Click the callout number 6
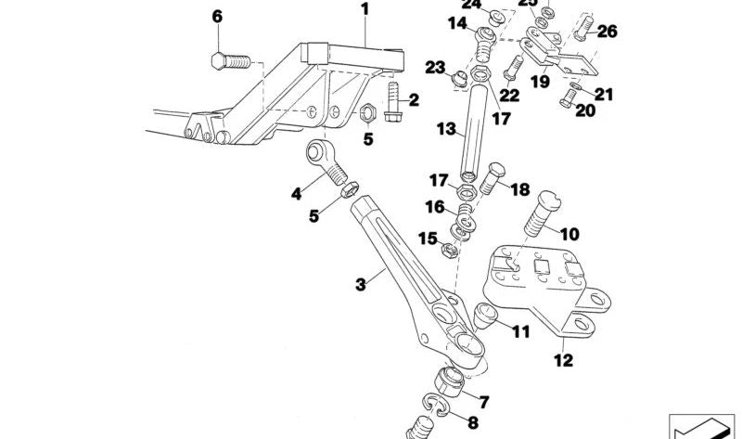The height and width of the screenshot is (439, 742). pos(217,16)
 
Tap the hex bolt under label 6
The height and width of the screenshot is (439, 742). pos(230,61)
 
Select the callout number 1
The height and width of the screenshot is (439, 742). pos(365,10)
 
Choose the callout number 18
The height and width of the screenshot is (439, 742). pos(518,189)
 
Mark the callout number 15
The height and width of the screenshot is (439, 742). pos(427,239)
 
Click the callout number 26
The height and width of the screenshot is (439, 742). pos(607,31)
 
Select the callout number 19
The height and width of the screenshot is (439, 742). pos(539,81)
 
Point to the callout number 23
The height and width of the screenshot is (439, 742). pos(435,67)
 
